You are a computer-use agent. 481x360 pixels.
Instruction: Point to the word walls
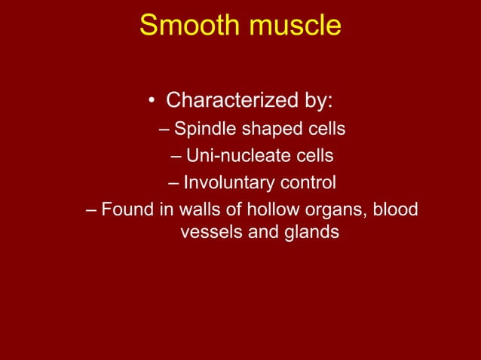198,209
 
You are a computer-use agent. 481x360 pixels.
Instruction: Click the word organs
332,209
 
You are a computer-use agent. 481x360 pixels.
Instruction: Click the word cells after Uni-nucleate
314,156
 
